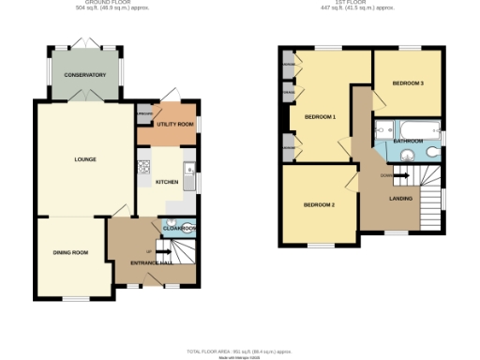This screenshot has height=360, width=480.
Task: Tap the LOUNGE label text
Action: pos(85,159)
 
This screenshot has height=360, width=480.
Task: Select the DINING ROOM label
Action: pos(70,252)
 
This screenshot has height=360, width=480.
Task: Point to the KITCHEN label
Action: pos(167,182)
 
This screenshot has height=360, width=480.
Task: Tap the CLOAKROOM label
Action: pos(179,229)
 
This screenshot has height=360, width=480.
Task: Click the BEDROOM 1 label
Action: pos(321,116)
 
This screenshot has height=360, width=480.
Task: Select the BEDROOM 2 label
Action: pos(319,204)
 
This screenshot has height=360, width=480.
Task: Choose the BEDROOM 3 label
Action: pos(408,83)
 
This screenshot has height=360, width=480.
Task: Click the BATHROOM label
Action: pos(408,142)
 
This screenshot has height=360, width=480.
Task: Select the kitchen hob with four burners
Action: pos(144,168)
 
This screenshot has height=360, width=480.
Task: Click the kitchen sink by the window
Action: pos(188,177)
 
